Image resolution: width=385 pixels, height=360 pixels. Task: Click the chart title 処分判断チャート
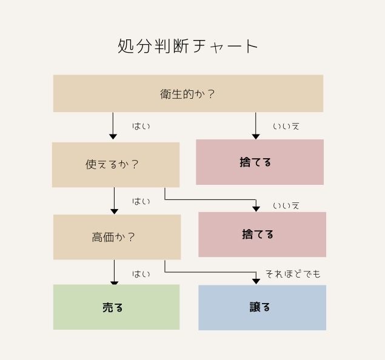(x=187, y=46)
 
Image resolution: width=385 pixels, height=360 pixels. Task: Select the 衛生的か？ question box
(x=188, y=93)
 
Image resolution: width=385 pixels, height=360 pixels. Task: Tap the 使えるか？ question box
(x=116, y=165)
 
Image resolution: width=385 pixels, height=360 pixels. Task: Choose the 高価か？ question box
(x=117, y=237)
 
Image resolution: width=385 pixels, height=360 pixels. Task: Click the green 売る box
(x=116, y=307)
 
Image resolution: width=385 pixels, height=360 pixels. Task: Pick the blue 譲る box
(x=263, y=307)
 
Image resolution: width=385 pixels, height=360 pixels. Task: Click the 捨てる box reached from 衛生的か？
(x=259, y=162)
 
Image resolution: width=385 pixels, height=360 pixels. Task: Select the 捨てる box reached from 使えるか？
(x=263, y=235)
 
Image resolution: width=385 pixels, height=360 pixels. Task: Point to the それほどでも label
(x=293, y=273)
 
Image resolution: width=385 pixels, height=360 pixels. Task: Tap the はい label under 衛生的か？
(x=141, y=126)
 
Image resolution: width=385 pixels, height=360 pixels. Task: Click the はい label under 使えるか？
(x=141, y=201)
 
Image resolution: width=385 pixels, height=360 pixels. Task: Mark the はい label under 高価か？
(x=141, y=274)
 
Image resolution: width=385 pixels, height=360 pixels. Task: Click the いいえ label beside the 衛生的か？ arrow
(x=286, y=127)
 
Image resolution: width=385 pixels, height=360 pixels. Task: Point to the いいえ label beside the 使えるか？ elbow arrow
(x=286, y=205)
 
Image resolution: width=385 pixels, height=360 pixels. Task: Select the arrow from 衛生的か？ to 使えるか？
(x=113, y=126)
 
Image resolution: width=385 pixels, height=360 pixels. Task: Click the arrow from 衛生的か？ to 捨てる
(x=256, y=126)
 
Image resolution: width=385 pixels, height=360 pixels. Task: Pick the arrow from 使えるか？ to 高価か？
(x=114, y=201)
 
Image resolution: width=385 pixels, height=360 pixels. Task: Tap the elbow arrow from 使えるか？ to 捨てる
(x=210, y=200)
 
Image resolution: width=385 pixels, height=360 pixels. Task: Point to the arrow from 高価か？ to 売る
(x=114, y=272)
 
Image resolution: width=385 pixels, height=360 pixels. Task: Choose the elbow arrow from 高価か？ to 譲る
(x=210, y=272)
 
